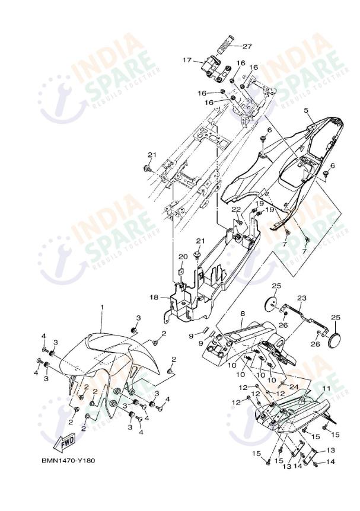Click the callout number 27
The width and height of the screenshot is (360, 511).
coord(247,46)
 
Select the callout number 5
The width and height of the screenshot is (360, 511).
coord(307,111)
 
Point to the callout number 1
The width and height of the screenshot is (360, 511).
coord(101,308)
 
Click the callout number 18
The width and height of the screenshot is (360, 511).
coord(153,296)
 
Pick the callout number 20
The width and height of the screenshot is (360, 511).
coord(183,256)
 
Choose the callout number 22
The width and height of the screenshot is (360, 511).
coord(235,209)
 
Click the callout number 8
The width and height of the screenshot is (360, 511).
coord(242,312)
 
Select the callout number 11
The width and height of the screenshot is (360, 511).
coord(326,388)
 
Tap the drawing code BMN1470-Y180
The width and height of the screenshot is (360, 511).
coord(68,460)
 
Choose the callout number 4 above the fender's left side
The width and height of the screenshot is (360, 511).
coord(43,336)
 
